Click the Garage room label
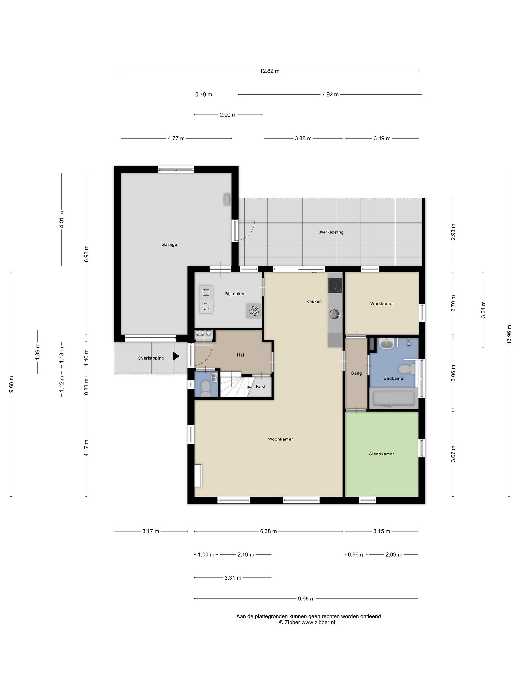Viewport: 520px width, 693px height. (169, 244)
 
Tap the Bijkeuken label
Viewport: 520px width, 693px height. (235, 294)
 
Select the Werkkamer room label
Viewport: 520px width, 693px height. (382, 303)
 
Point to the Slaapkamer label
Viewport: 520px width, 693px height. (382, 454)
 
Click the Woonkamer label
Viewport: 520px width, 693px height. (280, 439)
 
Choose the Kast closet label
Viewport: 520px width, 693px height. (260, 386)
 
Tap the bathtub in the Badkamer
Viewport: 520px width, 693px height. (393, 398)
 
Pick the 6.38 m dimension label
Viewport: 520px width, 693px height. (268, 531)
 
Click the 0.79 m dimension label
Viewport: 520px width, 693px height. (204, 94)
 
